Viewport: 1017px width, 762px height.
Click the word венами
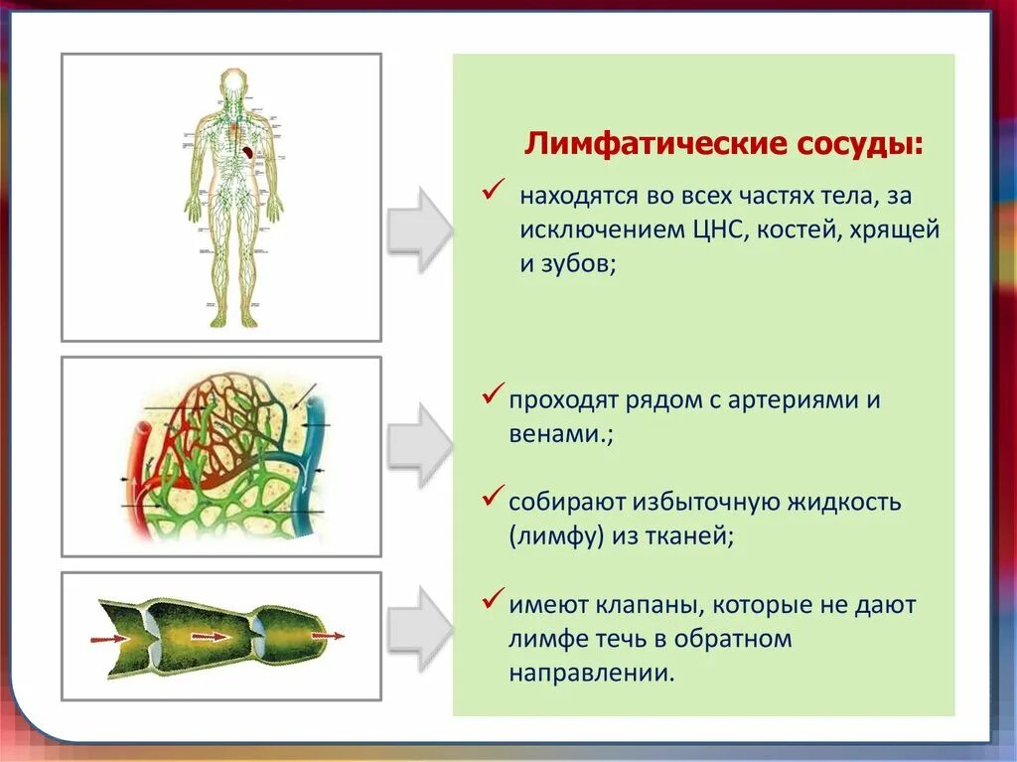coord(555,435)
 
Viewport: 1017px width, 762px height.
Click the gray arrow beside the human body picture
coord(418,229)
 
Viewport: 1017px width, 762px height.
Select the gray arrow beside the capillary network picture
coord(418,445)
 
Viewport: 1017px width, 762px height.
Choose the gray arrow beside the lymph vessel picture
coord(418,628)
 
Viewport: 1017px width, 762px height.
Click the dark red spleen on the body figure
coord(247,152)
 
